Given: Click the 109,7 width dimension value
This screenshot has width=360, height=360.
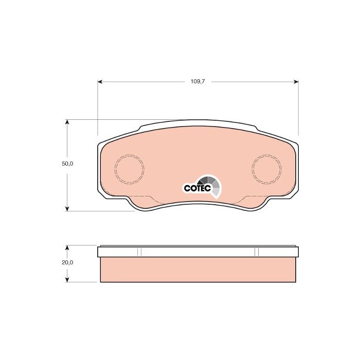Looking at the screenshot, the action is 197,81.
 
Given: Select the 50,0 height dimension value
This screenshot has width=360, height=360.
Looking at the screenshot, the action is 67,164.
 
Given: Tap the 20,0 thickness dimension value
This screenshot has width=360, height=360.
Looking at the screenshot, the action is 67,262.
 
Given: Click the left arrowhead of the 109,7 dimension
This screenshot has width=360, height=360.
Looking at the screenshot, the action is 100,82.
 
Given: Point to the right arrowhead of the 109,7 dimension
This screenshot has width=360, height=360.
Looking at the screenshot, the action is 296,82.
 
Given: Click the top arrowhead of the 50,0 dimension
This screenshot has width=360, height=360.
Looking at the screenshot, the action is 67,122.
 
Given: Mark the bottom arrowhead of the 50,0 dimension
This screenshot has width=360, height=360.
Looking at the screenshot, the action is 67,208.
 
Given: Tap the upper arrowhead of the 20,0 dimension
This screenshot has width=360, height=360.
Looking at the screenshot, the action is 67,248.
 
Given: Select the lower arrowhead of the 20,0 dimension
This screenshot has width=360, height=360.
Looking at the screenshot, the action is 67,279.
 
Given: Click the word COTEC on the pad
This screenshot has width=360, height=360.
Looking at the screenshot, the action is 197,189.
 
